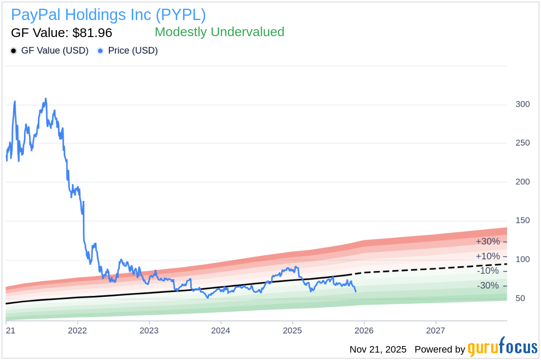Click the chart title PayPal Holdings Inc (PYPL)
click(108, 15)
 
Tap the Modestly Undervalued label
click(219, 32)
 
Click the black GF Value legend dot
click(14, 51)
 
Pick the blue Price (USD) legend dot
click(100, 51)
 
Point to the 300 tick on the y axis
click(522, 104)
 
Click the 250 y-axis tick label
click(522, 143)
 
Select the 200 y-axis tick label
click(522, 182)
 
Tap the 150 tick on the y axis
click(522, 221)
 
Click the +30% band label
click(487, 241)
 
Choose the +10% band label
click(487, 256)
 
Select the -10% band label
click(487, 271)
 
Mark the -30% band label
click(487, 286)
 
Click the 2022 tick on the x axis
click(78, 330)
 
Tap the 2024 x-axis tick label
click(221, 330)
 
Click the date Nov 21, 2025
click(378, 350)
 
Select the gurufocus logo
click(502, 348)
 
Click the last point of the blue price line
click(356, 291)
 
